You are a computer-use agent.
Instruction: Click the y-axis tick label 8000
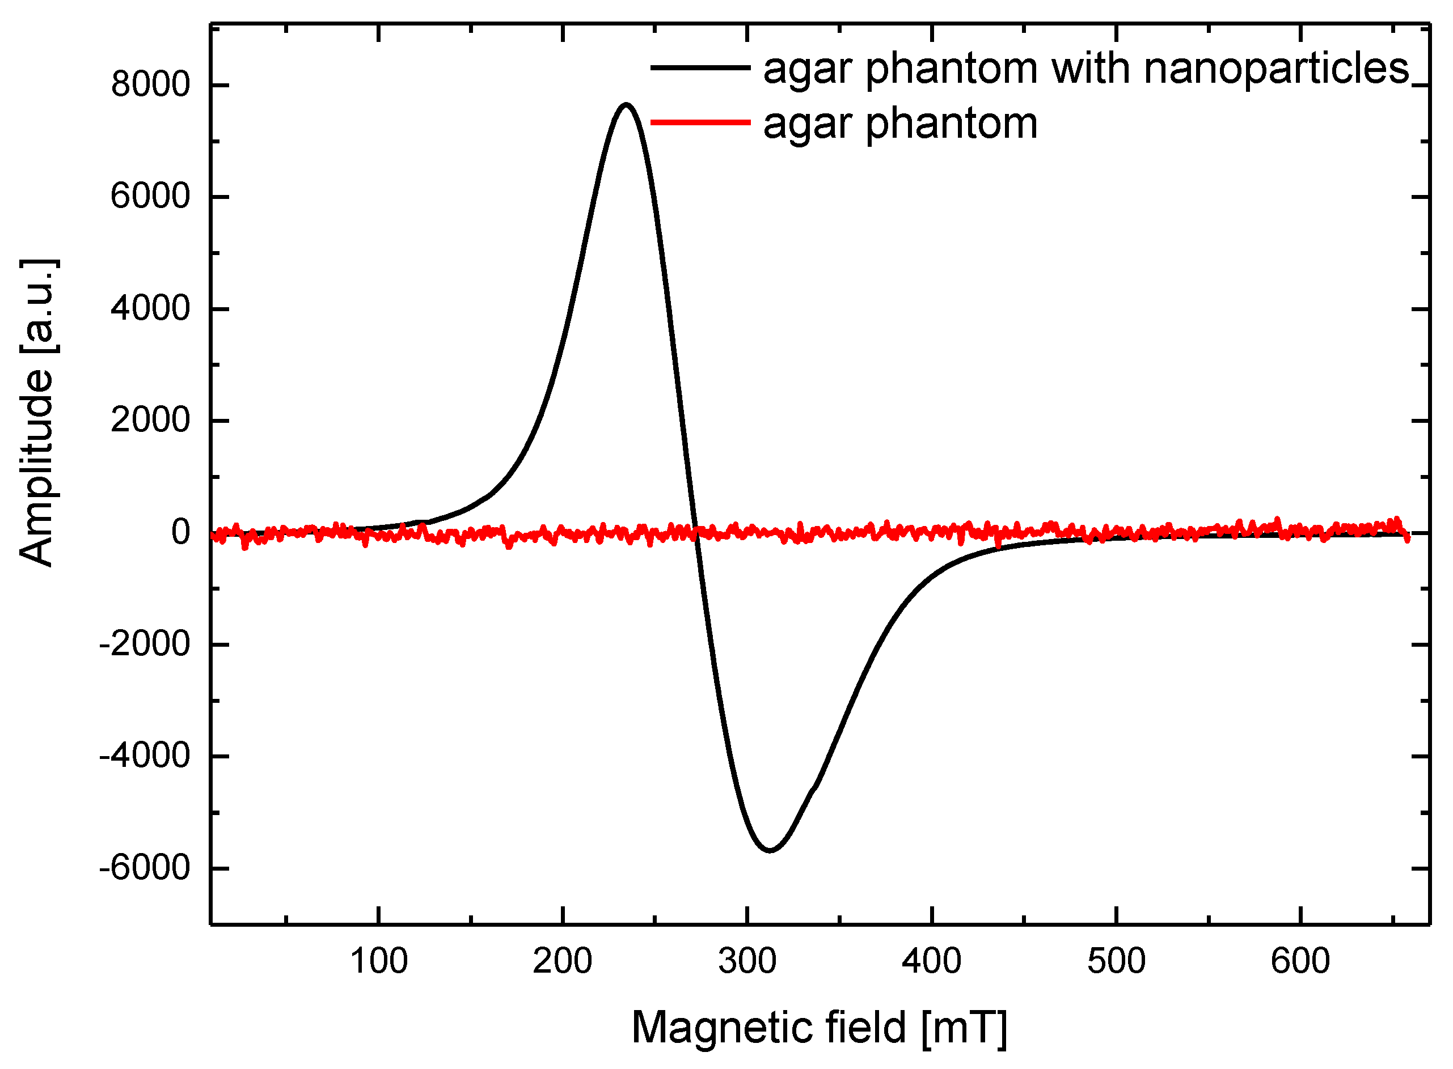tap(150, 85)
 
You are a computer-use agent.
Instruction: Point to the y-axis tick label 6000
tap(150, 197)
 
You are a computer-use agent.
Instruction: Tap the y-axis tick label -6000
tap(143, 868)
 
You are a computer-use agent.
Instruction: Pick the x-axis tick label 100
tap(379, 961)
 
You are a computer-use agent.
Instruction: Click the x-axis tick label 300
tap(747, 961)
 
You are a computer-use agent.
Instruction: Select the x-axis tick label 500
tap(1116, 961)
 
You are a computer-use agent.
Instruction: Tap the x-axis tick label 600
tap(1300, 961)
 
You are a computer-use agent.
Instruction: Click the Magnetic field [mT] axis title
tap(819, 1028)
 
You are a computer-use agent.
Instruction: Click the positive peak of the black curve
tap(626, 104)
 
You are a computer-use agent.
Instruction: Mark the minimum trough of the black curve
tap(770, 850)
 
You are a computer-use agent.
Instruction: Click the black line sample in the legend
tap(700, 67)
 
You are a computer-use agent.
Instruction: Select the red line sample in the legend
tap(700, 122)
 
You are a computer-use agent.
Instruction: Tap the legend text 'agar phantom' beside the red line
tap(900, 124)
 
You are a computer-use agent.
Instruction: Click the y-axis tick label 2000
tap(150, 421)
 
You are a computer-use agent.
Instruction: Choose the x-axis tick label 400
tap(931, 961)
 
